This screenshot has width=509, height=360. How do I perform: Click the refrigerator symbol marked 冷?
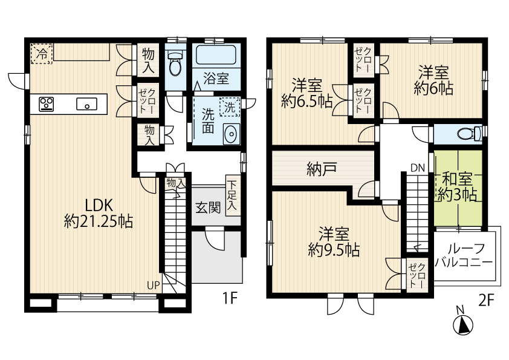(41, 54)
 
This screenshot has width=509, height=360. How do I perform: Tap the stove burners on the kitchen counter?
(47, 104)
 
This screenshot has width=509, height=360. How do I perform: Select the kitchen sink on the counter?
(86, 104)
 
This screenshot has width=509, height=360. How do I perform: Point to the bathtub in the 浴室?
(216, 55)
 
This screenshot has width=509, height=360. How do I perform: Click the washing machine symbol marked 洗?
(230, 107)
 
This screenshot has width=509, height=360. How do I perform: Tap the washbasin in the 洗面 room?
(231, 134)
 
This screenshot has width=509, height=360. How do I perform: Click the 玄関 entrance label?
(208, 208)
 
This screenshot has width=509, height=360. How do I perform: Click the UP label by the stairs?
(154, 286)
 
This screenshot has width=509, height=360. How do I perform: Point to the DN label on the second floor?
(418, 168)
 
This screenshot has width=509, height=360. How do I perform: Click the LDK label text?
(99, 205)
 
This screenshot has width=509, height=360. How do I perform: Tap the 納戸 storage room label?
(322, 169)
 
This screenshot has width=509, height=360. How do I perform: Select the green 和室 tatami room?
(458, 188)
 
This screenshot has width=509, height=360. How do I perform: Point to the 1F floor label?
(230, 298)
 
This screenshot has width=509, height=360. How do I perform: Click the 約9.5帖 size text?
(334, 250)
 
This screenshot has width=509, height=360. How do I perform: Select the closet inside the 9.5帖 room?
(417, 273)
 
